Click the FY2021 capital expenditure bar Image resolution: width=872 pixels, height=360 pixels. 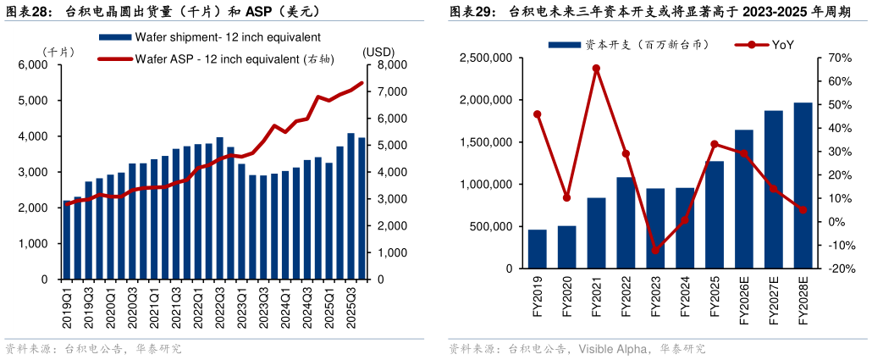[596, 233]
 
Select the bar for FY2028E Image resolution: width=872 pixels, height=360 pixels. [803, 186]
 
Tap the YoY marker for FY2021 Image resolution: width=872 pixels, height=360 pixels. [596, 68]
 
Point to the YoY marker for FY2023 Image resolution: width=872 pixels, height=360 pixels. [655, 250]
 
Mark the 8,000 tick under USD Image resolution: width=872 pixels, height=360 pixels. [384, 64]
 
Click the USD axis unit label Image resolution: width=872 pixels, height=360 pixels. [377, 51]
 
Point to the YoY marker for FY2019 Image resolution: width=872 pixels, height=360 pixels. [537, 114]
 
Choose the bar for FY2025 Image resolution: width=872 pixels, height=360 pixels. [715, 214]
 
